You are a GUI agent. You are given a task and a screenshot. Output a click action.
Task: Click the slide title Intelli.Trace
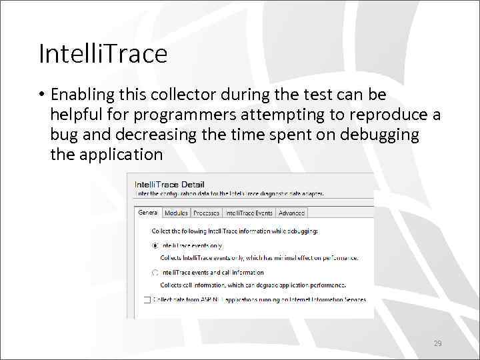[103, 54]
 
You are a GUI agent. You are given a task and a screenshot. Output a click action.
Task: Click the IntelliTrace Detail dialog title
[169, 185]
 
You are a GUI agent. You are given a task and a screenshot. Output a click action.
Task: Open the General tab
[148, 213]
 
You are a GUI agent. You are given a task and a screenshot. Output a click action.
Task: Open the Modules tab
[176, 213]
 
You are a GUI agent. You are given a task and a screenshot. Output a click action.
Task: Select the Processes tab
[206, 213]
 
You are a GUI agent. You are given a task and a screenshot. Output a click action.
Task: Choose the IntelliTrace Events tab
[249, 213]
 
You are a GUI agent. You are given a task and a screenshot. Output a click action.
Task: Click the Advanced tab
[291, 213]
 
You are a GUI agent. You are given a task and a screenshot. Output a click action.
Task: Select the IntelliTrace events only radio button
[155, 245]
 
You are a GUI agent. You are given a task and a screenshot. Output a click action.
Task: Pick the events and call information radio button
[155, 273]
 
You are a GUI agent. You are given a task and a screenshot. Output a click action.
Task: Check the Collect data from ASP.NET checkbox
[147, 300]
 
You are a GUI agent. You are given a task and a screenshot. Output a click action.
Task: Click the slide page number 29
[437, 344]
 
